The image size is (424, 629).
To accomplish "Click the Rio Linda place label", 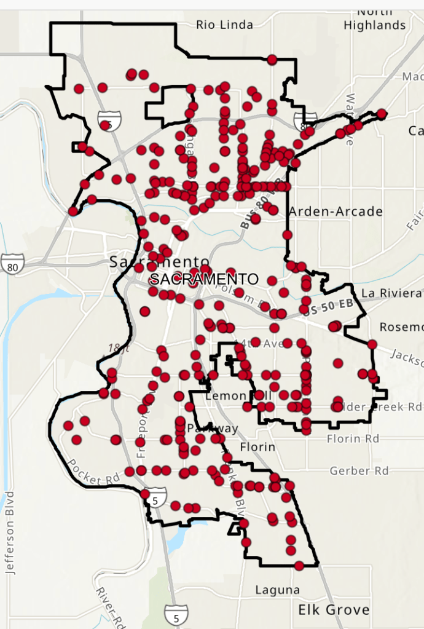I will [x=224, y=25].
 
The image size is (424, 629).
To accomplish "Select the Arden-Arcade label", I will [x=336, y=212].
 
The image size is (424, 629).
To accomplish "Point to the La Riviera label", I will [x=391, y=293].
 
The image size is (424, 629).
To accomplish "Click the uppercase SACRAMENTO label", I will [x=205, y=279].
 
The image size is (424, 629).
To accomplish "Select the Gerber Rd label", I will [x=359, y=471].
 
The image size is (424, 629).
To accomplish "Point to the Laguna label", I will [x=278, y=590].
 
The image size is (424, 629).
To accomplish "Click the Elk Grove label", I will [x=334, y=610].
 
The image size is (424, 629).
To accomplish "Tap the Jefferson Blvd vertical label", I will [x=9, y=532].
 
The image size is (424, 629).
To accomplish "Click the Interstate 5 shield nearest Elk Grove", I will [x=172, y=613].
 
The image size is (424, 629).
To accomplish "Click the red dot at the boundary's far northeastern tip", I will [x=382, y=114].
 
